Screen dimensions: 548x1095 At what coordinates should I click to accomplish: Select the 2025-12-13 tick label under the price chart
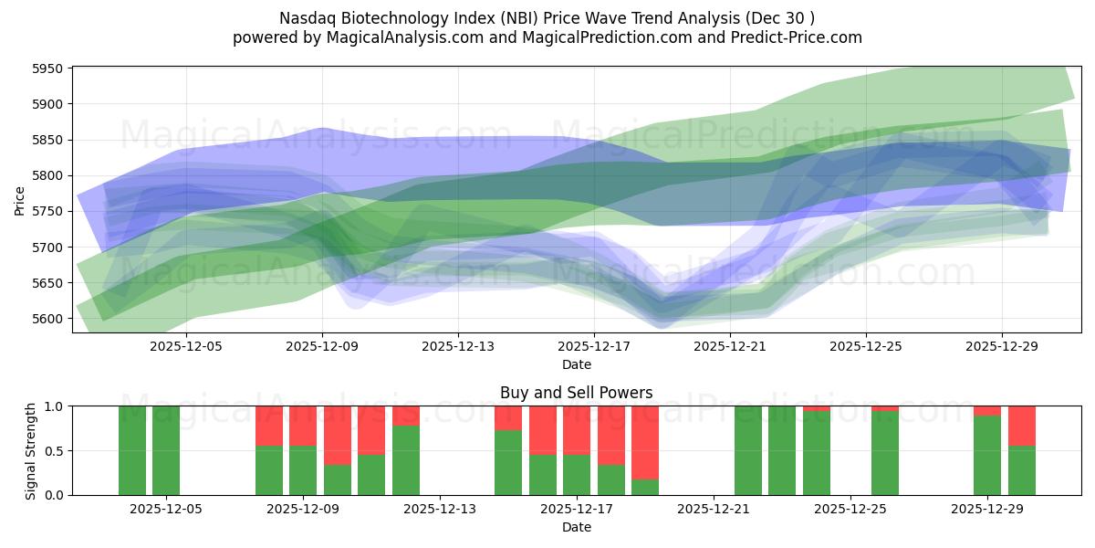pos(458,347)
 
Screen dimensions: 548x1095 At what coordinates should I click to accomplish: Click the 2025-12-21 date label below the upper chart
pos(730,347)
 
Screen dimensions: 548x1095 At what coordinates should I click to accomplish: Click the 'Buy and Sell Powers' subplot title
pos(576,393)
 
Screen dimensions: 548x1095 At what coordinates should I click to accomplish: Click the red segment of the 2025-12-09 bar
pos(303,426)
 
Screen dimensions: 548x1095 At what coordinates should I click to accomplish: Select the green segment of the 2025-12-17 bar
pos(577,474)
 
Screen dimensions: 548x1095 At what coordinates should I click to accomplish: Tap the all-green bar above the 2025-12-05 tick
pos(166,450)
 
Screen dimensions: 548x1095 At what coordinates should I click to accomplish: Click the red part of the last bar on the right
pos(1022,426)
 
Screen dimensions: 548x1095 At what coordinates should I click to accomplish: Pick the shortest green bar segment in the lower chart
pos(645,487)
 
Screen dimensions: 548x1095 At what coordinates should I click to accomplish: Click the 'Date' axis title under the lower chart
pos(576,527)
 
